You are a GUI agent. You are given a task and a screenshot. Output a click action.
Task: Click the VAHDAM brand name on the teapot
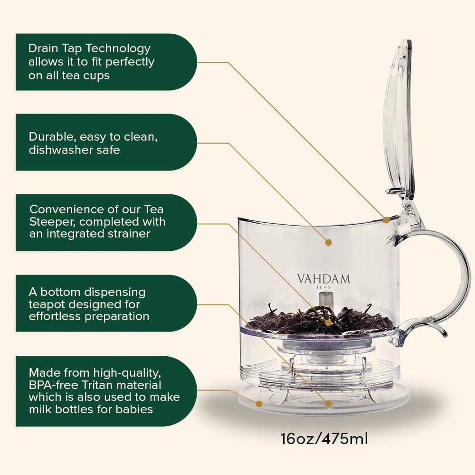(323, 278)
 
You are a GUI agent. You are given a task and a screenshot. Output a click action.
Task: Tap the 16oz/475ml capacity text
(324, 438)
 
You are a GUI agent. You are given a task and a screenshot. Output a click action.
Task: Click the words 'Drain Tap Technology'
(89, 48)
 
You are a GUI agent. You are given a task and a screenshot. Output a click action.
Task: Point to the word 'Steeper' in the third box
(50, 221)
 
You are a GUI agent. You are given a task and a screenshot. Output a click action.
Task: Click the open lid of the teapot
(398, 119)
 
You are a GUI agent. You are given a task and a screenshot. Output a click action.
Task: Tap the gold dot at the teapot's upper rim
(386, 220)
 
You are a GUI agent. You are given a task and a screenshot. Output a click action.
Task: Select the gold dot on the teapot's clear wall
(328, 242)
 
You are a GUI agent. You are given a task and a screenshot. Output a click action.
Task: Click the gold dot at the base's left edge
(259, 404)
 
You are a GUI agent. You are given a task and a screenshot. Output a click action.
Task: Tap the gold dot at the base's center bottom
(328, 404)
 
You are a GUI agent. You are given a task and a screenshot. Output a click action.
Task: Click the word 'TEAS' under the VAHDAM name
(323, 287)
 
